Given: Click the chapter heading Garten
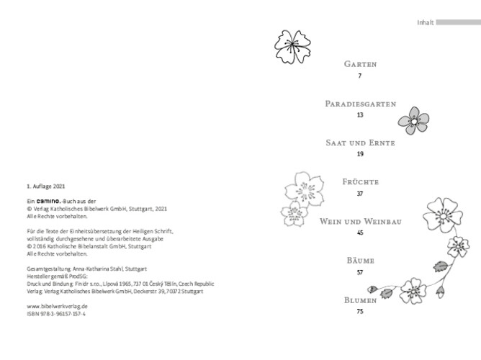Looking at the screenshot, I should pos(359,63).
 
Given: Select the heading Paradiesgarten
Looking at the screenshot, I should pos(360,104).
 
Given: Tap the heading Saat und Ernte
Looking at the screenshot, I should pos(360,143).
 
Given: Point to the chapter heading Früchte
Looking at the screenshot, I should pos(360,181).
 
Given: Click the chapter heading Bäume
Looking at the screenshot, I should pos(360,260).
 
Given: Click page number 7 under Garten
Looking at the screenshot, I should pos(359,76).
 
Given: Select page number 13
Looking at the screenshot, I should pos(360,115).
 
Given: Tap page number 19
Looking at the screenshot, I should pos(360,154).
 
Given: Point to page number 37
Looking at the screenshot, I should pos(360,194).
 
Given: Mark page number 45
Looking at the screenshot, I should pos(360,233).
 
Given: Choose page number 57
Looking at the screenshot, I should pos(360,272).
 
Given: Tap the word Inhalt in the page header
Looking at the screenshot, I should pos(425,22).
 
